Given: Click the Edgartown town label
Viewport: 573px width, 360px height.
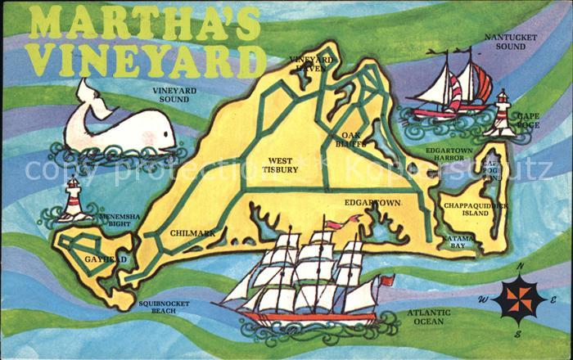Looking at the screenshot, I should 372,202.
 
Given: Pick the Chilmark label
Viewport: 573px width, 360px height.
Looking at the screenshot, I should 192,233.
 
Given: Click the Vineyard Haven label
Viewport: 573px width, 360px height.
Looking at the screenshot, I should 311,64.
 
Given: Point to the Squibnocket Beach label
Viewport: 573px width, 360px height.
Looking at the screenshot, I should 163,308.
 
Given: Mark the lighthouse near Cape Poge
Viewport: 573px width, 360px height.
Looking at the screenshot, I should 500,112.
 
